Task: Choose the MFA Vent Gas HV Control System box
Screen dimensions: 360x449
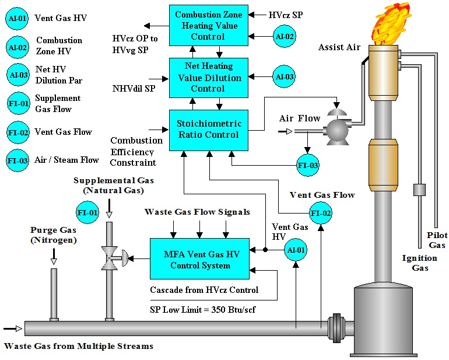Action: pyautogui.click(x=200, y=260)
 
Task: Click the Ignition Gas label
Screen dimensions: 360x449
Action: pyautogui.click(x=419, y=263)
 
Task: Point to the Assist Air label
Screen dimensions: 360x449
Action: pyautogui.click(x=339, y=47)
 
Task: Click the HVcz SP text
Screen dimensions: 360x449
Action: pyautogui.click(x=286, y=13)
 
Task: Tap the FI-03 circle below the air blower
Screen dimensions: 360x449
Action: pyautogui.click(x=307, y=165)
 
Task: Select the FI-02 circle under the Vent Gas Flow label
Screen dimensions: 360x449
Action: pyautogui.click(x=321, y=214)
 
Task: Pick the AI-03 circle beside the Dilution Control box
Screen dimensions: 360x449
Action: pyautogui.click(x=284, y=76)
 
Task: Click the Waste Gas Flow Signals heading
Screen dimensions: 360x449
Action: pyautogui.click(x=197, y=211)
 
